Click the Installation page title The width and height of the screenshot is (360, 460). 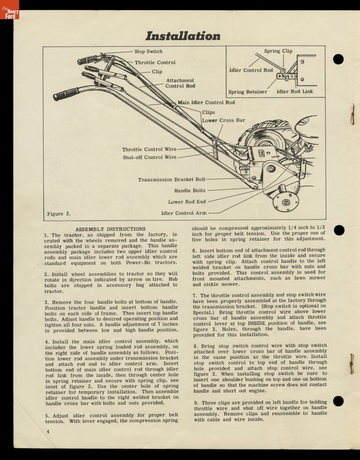(183, 36)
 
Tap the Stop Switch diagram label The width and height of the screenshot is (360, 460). (148, 51)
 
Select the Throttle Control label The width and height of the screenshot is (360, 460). (155, 62)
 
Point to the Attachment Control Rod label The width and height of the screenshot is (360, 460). (180, 83)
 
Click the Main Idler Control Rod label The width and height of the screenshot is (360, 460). (206, 102)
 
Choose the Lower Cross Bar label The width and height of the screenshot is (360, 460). (224, 120)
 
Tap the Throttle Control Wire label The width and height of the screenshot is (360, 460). (149, 149)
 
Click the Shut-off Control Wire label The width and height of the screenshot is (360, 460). (150, 157)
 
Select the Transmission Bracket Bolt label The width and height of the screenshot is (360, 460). (172, 179)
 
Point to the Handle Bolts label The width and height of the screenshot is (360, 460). (190, 191)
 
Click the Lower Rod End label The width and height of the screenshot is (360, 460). (187, 202)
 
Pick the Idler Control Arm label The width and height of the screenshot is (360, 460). (184, 213)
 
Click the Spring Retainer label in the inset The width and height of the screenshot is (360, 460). (248, 92)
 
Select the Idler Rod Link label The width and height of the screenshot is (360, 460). (294, 92)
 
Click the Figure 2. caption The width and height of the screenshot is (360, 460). (59, 214)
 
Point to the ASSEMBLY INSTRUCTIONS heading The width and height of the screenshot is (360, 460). (110, 229)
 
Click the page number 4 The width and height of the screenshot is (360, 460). (48, 431)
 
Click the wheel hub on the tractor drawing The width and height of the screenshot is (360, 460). (286, 202)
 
